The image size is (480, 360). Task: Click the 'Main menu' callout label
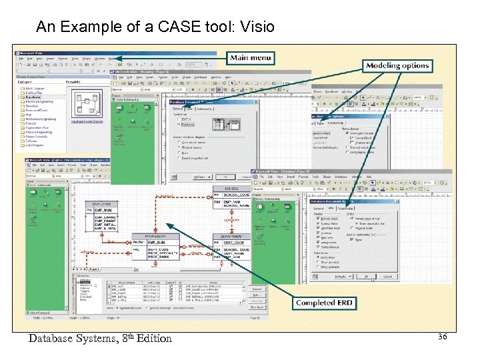tap(251, 58)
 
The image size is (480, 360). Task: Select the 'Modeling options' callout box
tap(397, 65)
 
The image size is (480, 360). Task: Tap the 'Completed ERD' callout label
tap(324, 303)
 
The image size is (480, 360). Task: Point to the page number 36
tap(442, 337)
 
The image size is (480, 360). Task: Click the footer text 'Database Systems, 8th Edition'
tap(100, 338)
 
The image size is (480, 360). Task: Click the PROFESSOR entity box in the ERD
tap(155, 247)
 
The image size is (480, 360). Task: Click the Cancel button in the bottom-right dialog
tap(387, 276)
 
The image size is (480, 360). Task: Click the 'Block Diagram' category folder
tap(33, 88)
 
